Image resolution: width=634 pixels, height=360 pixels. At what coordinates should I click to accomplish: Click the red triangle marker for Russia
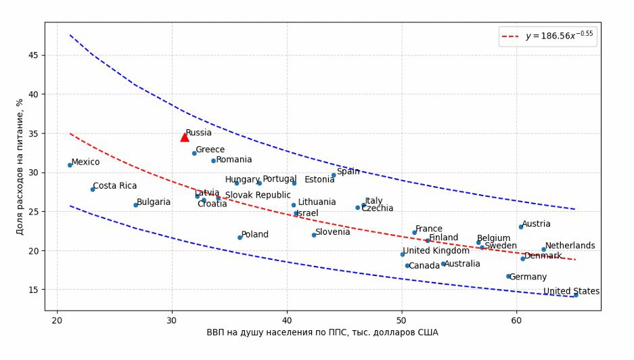(x=185, y=137)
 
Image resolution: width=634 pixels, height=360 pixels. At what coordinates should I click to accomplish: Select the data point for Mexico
(x=70, y=164)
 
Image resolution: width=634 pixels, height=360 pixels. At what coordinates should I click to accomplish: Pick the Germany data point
(x=508, y=276)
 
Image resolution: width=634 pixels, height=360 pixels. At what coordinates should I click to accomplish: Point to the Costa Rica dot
(x=93, y=189)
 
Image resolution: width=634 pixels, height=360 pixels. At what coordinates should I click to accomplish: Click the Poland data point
(x=240, y=238)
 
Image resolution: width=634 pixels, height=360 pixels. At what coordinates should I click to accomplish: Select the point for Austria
(x=520, y=227)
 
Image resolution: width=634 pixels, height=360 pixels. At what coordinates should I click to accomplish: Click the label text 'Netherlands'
(x=570, y=246)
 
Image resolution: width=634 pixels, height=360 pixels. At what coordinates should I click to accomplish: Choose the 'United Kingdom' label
(x=436, y=251)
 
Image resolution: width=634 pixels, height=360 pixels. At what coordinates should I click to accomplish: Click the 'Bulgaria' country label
(x=153, y=202)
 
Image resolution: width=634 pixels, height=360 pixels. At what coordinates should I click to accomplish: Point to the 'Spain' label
(x=348, y=171)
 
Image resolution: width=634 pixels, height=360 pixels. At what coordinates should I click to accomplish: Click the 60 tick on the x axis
(x=516, y=319)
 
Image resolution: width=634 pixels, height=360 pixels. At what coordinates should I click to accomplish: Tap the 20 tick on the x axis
(x=57, y=319)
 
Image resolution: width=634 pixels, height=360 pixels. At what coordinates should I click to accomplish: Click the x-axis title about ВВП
(x=323, y=333)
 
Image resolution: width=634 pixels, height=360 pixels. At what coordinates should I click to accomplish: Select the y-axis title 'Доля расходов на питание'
(x=20, y=166)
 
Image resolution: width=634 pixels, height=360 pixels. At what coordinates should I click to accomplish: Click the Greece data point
(x=194, y=153)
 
